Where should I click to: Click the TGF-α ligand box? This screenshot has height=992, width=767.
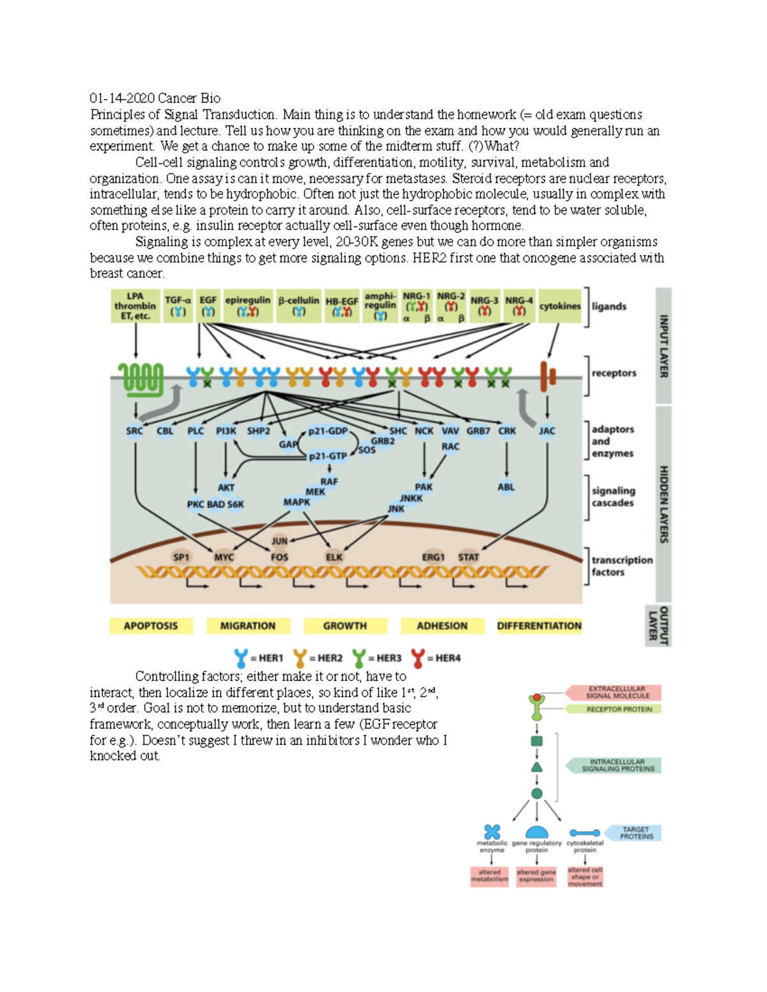178,306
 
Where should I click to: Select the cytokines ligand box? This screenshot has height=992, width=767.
560,306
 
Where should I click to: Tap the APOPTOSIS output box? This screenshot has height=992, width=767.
151,626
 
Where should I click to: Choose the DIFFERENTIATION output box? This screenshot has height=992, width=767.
539,626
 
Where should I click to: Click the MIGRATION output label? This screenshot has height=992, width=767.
248,626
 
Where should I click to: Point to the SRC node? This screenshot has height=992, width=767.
134,431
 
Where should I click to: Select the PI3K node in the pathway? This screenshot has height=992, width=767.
226,431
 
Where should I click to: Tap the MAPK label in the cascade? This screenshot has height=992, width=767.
297,503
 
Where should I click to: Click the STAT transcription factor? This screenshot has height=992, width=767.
469,557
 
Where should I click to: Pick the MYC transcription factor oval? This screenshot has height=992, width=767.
224,557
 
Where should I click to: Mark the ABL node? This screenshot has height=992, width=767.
506,487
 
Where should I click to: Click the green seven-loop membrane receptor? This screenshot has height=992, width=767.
140,377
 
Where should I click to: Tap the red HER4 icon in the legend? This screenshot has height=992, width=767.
418,658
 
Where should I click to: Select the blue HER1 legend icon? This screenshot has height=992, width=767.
241,658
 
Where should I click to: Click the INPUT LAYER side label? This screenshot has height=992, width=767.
664,346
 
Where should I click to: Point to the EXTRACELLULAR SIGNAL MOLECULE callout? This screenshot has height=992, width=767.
616,692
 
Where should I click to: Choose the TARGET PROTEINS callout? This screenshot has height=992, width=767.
635,833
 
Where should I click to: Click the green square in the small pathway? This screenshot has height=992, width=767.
537,741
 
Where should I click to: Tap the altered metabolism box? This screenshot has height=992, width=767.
490,876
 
